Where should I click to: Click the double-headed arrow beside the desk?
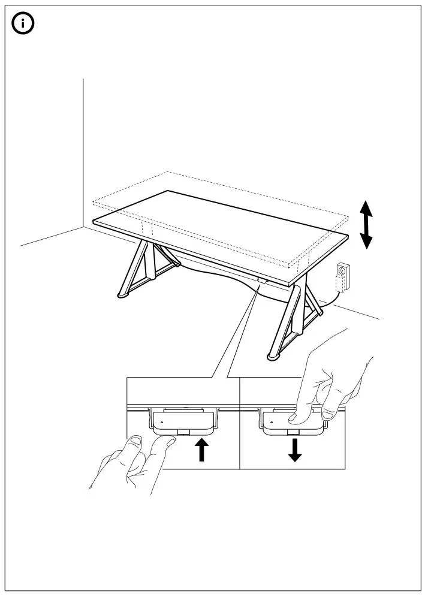click(x=366, y=225)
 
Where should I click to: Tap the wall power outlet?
click(x=343, y=273)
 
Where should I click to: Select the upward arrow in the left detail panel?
click(x=203, y=449)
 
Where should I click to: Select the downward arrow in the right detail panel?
click(x=294, y=450)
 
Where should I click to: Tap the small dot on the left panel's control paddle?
click(x=162, y=423)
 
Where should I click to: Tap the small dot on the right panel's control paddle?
click(x=271, y=423)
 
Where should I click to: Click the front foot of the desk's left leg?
click(x=122, y=295)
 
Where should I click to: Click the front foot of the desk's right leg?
click(x=273, y=358)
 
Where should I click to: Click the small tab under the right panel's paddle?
click(x=293, y=432)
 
